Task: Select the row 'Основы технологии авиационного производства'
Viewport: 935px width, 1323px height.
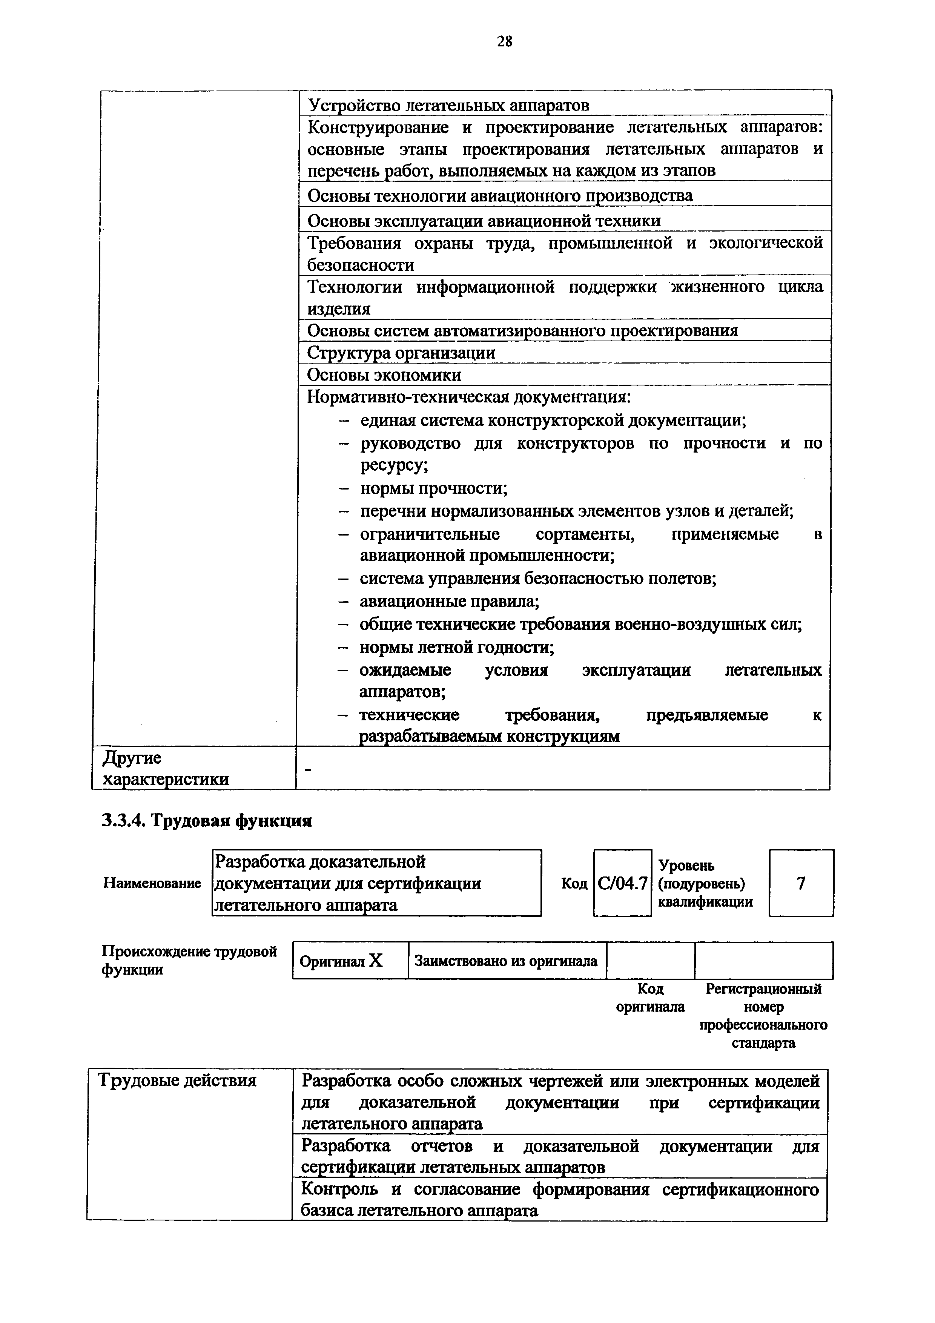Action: coord(499,196)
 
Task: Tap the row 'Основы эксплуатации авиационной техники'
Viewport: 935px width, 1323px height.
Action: coord(484,221)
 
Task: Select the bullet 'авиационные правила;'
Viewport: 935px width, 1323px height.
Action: coord(449,602)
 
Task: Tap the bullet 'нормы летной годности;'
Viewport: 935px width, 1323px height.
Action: coord(457,648)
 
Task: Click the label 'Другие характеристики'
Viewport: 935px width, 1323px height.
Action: coord(165,769)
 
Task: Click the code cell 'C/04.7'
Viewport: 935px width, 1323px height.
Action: coord(622,883)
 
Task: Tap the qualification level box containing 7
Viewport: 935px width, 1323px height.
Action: coord(801,883)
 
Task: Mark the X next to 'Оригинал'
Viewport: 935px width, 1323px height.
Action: coord(376,961)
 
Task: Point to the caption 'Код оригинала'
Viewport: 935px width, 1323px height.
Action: coord(650,998)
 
